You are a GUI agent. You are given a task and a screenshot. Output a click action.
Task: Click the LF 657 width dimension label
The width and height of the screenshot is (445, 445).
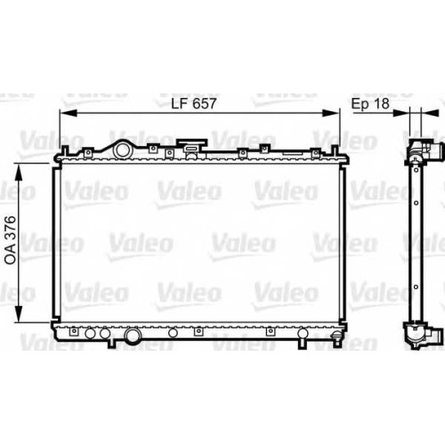tap(194, 103)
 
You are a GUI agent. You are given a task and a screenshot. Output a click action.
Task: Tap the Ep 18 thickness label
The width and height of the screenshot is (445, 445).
tap(370, 103)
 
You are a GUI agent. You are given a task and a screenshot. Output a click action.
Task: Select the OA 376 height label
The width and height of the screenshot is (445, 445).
tap(11, 240)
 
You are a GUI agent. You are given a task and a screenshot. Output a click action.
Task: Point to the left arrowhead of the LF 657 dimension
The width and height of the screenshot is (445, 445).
tap(69, 113)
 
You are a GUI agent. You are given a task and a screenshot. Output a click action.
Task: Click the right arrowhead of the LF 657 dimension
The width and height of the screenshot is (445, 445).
tap(329, 113)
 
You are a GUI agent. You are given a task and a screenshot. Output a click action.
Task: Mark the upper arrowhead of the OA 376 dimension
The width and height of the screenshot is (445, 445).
tap(19, 172)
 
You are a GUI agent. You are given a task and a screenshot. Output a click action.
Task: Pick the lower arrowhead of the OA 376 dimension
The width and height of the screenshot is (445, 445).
tap(19, 313)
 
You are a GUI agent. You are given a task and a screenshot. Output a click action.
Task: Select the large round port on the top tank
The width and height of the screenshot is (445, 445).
tap(122, 150)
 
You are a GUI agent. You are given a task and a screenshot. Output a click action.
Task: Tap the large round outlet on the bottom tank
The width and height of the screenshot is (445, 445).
tap(133, 336)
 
